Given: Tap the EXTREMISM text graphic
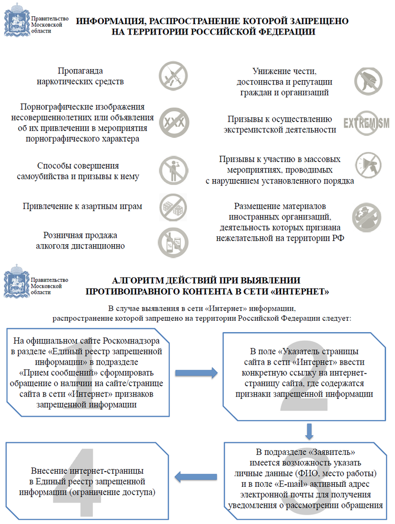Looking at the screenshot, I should click(366, 123).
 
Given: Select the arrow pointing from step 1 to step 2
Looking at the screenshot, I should click(196, 373).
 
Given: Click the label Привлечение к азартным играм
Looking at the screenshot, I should click(82, 206).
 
